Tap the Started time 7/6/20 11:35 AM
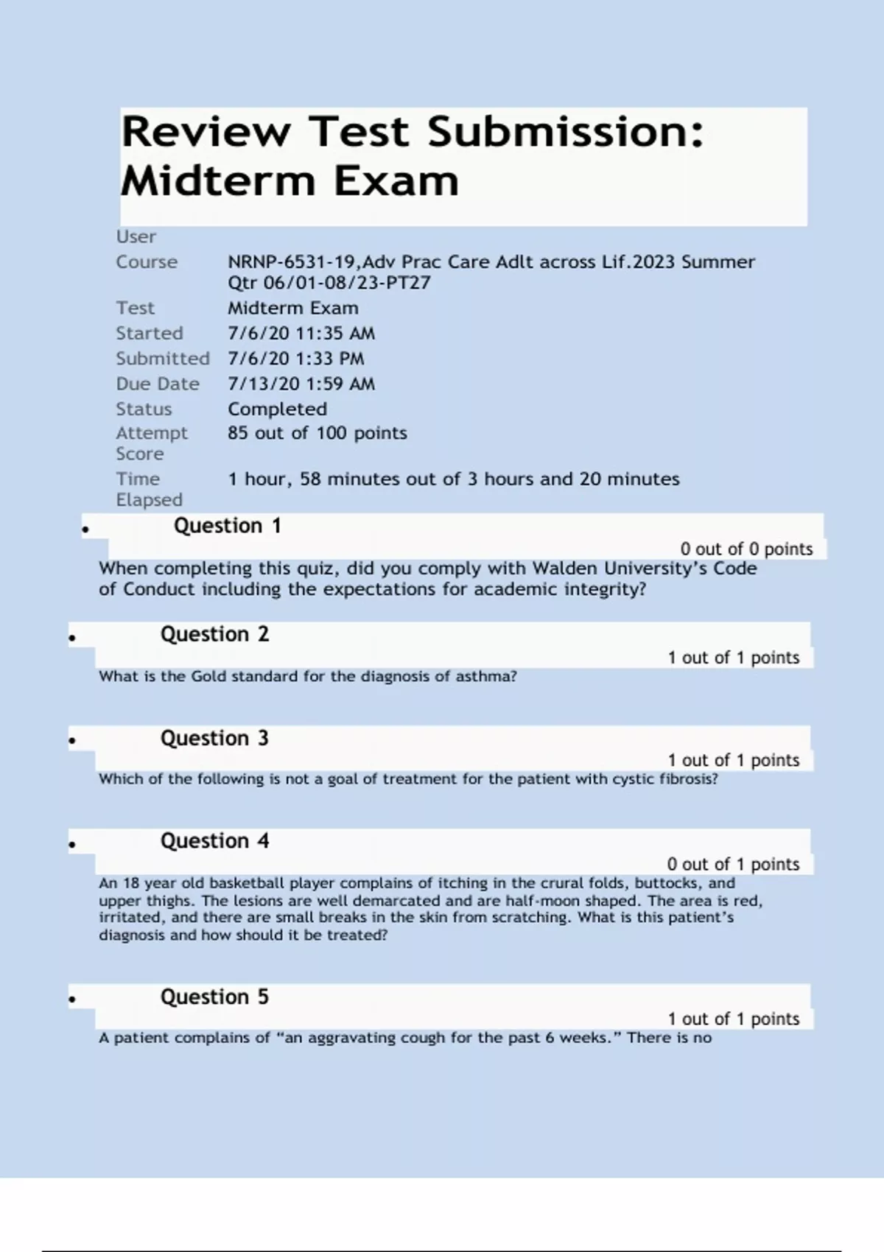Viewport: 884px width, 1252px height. (x=301, y=334)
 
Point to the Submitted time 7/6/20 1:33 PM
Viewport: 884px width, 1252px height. (x=295, y=359)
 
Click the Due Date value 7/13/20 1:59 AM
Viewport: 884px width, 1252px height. (x=301, y=384)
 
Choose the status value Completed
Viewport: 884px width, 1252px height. (x=277, y=409)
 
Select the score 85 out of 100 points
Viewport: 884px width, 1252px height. (x=317, y=433)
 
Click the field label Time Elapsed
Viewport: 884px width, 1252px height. (x=148, y=489)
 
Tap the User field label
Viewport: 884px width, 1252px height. (x=136, y=236)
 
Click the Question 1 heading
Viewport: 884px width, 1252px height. (x=227, y=526)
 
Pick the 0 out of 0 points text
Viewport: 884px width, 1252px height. (x=746, y=549)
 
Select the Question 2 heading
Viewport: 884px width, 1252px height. (x=214, y=634)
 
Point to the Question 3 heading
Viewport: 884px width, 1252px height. (x=214, y=738)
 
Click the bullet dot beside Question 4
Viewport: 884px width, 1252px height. (x=72, y=845)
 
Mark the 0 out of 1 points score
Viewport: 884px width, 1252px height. (x=733, y=864)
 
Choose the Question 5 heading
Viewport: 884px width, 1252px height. (x=214, y=997)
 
